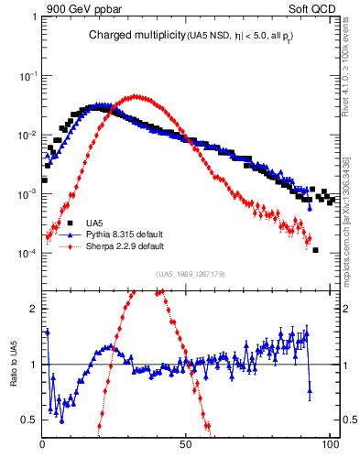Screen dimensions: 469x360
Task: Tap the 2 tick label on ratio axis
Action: click(35, 309)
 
